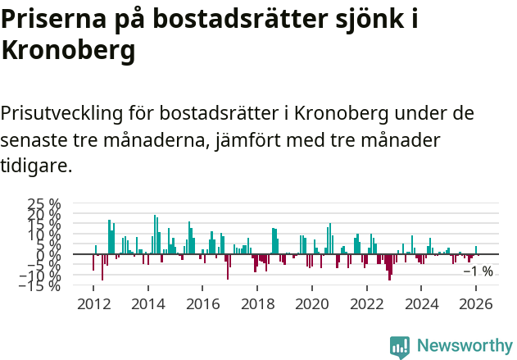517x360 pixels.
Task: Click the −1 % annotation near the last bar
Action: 478,271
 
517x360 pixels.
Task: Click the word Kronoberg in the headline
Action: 68,51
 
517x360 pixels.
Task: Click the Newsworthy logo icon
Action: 400,346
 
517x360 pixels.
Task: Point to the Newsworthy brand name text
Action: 464,346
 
